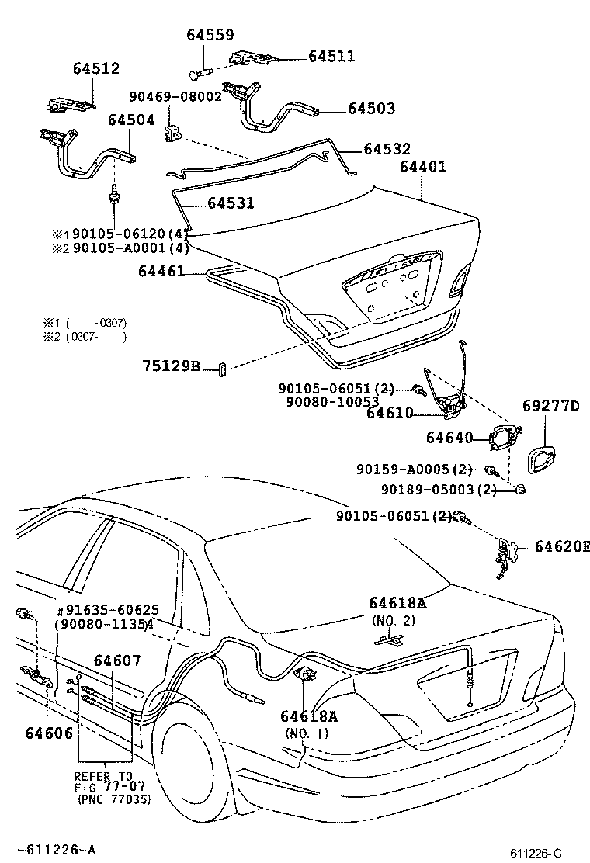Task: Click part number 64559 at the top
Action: click(210, 35)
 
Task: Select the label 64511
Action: click(331, 56)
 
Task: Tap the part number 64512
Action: click(96, 68)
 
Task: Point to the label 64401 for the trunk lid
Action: click(424, 167)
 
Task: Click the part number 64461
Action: click(161, 271)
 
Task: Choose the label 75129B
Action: click(171, 366)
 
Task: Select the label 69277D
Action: click(551, 406)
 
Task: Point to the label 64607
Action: click(117, 660)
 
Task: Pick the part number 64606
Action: click(48, 733)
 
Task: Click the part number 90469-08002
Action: click(175, 96)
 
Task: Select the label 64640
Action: click(449, 438)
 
